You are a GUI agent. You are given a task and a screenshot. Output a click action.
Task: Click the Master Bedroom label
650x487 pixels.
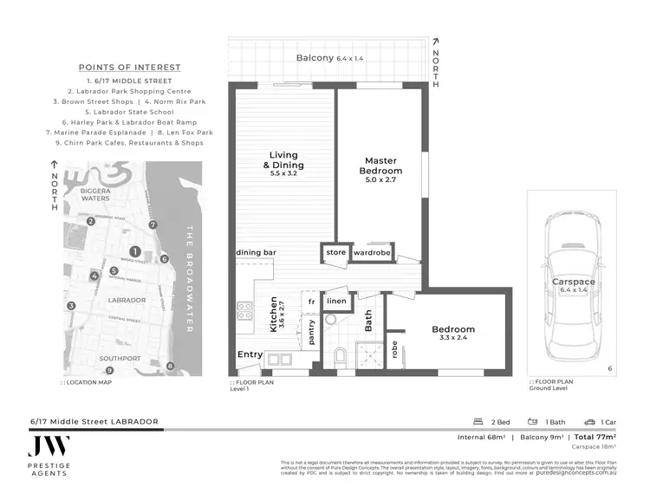[380, 166]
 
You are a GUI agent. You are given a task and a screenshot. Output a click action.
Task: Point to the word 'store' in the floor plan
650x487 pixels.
[335, 253]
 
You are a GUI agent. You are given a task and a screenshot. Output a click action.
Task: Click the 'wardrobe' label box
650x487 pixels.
[373, 253]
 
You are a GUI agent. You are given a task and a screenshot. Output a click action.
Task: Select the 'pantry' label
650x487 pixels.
[310, 334]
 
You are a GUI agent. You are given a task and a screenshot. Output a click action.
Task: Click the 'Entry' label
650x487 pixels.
[250, 354]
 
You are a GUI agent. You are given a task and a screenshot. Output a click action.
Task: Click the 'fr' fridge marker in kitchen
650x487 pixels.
[310, 301]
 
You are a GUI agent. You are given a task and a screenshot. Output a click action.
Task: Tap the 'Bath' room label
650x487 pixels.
[367, 323]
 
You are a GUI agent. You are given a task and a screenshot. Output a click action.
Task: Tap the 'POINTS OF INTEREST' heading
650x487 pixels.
[130, 68]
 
